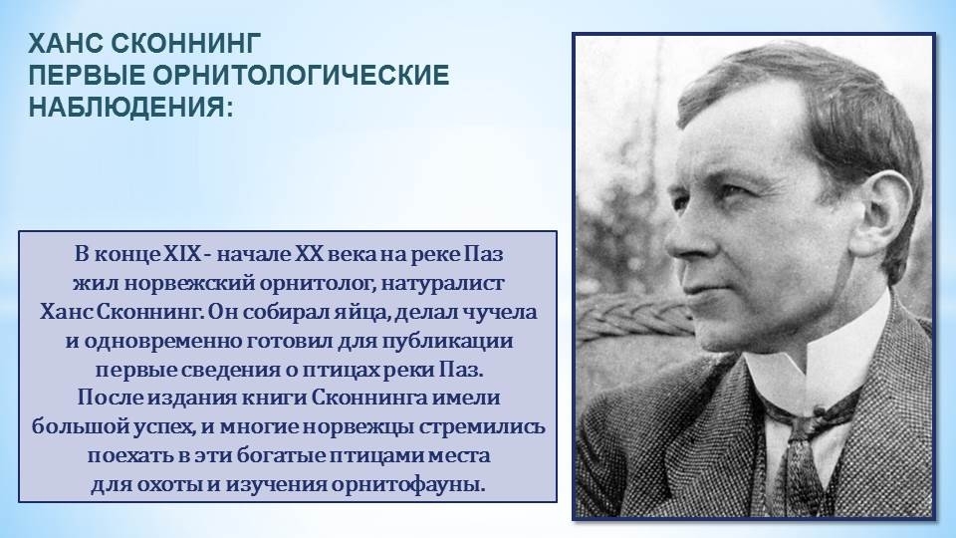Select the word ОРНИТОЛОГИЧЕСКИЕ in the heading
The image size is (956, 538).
tap(301, 75)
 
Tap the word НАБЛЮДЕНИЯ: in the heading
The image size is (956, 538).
tap(131, 107)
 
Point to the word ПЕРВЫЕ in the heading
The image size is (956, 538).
tap(87, 75)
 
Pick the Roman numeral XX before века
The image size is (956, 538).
tap(309, 254)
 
